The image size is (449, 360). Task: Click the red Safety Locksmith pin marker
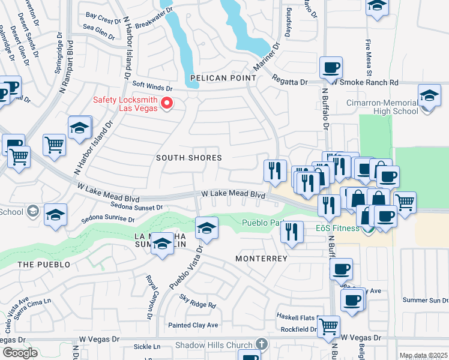168,104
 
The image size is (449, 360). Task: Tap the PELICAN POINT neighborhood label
223,79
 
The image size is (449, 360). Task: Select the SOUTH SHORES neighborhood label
189,158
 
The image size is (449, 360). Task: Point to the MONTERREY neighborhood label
262,258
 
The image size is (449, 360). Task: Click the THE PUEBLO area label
44,265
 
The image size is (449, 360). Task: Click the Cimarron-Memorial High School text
382,107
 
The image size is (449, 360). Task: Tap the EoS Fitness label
338,228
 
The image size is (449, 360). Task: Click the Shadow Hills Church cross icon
261,344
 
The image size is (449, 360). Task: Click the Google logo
20,353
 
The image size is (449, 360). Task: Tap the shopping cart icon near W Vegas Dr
328,327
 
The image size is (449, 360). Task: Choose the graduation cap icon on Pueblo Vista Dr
206,227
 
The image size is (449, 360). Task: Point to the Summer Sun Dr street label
425,300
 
